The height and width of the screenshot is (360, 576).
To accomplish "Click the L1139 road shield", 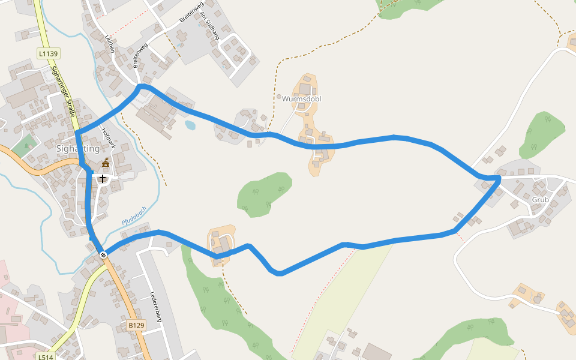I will [x=48, y=53].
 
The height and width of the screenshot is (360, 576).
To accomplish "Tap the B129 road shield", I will [x=136, y=325].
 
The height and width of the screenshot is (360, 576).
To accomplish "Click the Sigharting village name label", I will [x=77, y=148].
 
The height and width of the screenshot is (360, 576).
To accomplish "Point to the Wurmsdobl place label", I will [x=301, y=98].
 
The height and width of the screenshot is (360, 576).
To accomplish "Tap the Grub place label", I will [x=539, y=199].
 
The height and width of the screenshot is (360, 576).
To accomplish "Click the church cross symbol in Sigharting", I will [x=103, y=178].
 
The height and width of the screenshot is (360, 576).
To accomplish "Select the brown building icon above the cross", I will [x=106, y=163].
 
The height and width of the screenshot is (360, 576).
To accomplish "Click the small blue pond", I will [x=190, y=125].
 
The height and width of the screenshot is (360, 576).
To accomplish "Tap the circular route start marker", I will [x=103, y=255].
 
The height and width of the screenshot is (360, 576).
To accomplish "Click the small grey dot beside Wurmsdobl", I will [x=279, y=96].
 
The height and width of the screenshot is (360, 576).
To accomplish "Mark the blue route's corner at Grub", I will [x=499, y=178].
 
